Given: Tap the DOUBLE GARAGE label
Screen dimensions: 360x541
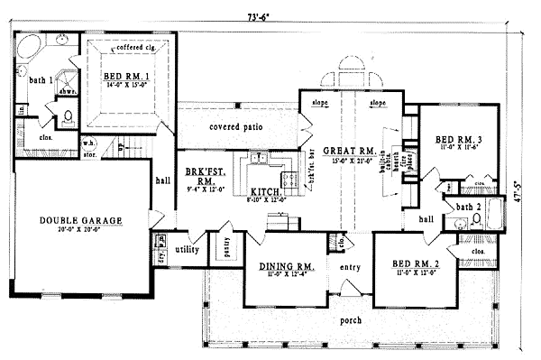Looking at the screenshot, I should (x=80, y=220).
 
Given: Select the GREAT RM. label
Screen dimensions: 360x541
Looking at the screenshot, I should (x=348, y=151).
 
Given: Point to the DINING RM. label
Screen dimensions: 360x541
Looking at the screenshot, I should (x=287, y=266).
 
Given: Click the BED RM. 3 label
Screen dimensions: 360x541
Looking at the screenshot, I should (x=459, y=140).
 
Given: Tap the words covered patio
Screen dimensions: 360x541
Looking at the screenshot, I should (x=235, y=127).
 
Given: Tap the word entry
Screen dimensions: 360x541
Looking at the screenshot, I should (x=351, y=268).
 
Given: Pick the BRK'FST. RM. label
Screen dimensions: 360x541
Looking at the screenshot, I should (x=197, y=175).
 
